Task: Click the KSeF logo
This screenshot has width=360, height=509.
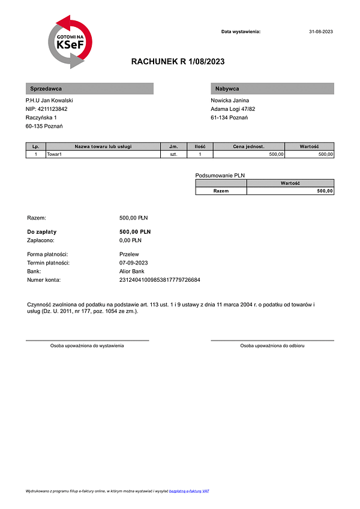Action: tap(70, 43)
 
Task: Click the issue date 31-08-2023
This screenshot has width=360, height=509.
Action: tap(320, 31)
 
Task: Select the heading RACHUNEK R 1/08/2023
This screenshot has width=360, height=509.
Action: tap(178, 62)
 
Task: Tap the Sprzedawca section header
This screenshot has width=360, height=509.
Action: tap(89, 89)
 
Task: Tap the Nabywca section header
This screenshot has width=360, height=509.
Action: tap(272, 89)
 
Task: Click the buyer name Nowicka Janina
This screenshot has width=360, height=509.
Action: tap(230, 100)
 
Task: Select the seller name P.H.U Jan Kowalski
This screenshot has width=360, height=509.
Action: tap(49, 100)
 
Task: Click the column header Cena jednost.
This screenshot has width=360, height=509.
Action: tap(248, 146)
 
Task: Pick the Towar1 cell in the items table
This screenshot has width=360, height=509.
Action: tap(55, 154)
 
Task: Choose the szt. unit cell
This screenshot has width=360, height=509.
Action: tap(174, 154)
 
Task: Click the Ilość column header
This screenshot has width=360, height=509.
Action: tap(200, 146)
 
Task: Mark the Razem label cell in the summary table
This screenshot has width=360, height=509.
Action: tap(221, 191)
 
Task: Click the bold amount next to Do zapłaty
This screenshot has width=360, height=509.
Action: tap(135, 231)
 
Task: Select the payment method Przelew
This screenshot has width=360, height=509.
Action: tap(130, 254)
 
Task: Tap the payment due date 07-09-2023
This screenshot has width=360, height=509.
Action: tap(134, 263)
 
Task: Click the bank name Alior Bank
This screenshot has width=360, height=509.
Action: tap(132, 271)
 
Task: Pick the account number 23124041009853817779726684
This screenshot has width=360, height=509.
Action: tap(160, 280)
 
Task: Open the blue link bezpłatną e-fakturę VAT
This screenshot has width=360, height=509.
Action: tap(189, 491)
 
